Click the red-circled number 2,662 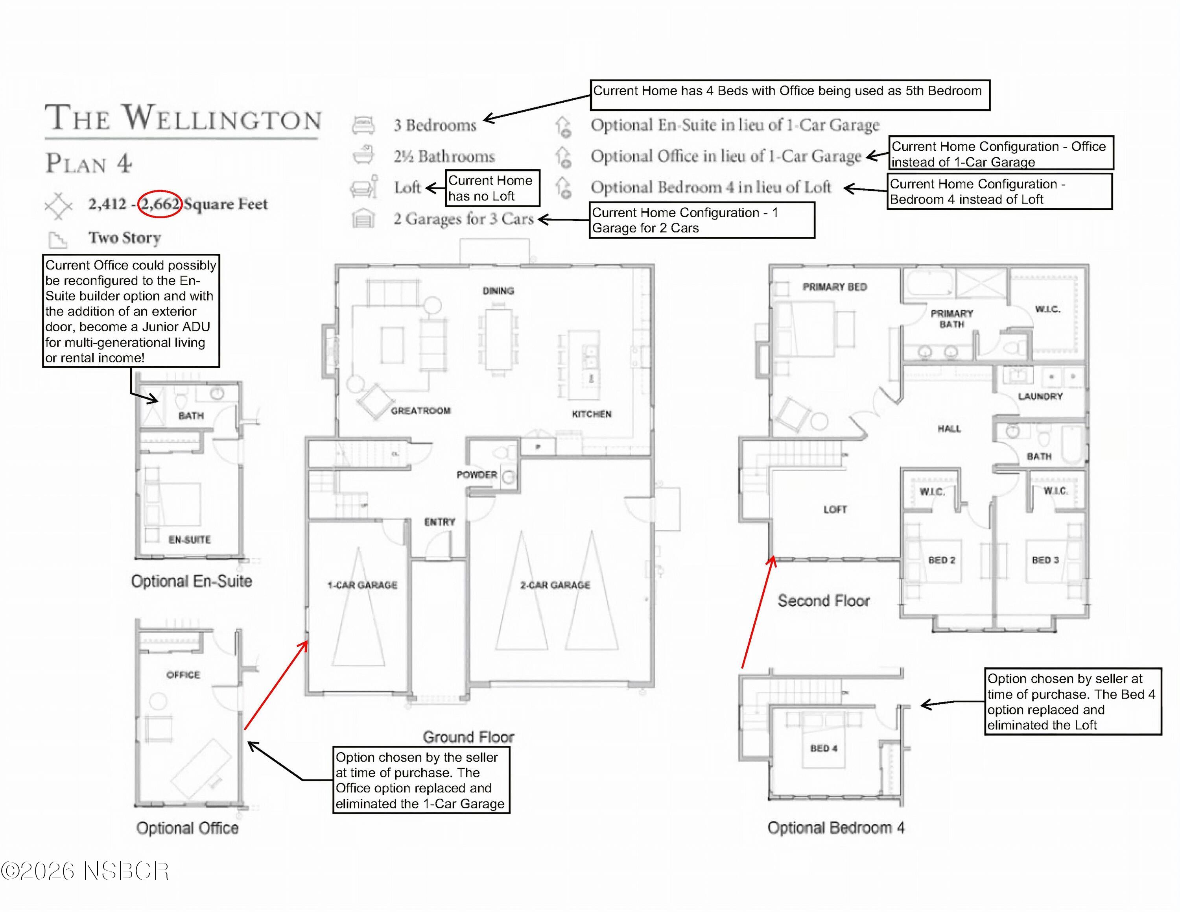pos(160,204)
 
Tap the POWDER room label pos(477,475)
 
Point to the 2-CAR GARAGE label pos(555,585)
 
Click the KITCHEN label pos(592,414)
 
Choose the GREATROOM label pos(421,411)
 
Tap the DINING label pos(498,291)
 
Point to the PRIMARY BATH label pos(952,319)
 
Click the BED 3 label pos(1045,560)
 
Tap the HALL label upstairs pos(949,429)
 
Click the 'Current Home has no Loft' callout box pos(492,188)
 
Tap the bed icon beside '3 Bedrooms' pos(363,125)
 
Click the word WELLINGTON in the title pos(222,117)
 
